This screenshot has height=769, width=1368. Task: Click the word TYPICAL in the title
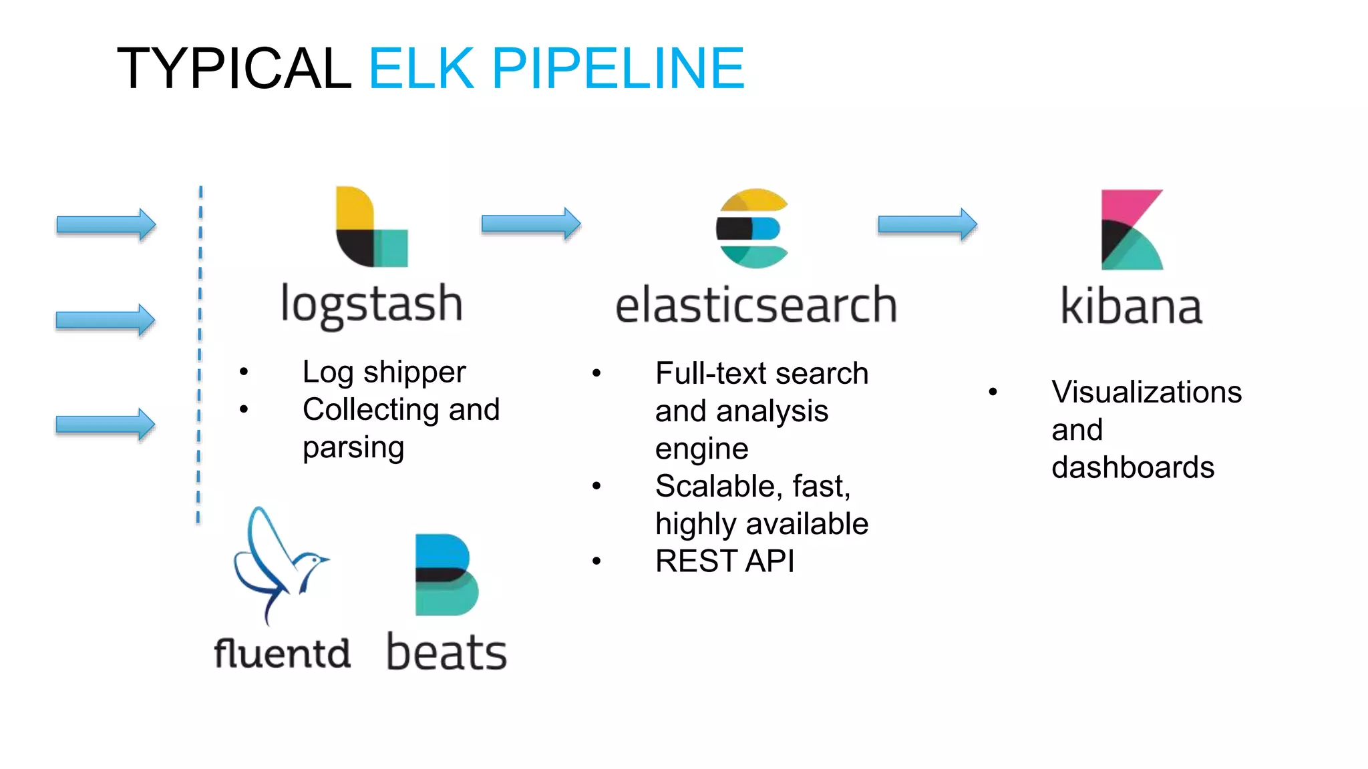pyautogui.click(x=234, y=68)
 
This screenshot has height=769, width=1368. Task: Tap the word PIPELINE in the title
pyautogui.click(x=618, y=68)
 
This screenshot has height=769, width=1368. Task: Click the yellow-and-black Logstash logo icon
pyautogui.click(x=371, y=227)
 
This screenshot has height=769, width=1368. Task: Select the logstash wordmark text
pyautogui.click(x=371, y=304)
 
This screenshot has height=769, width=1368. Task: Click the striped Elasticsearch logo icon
pyautogui.click(x=753, y=228)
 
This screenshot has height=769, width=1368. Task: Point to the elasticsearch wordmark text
pyautogui.click(x=755, y=305)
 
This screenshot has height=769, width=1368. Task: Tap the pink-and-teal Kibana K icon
pyautogui.click(x=1132, y=230)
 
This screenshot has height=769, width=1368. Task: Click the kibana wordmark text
pyautogui.click(x=1132, y=306)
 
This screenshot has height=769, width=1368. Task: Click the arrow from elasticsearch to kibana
pyautogui.click(x=927, y=224)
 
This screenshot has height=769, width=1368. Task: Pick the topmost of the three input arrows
pyautogui.click(x=106, y=224)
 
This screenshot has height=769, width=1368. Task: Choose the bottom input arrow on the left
pyautogui.click(x=106, y=425)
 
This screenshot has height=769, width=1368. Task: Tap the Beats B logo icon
pyautogui.click(x=446, y=575)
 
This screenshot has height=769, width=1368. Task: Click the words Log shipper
pyautogui.click(x=383, y=372)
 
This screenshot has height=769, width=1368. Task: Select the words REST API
pyautogui.click(x=725, y=561)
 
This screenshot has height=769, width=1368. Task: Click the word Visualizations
pyautogui.click(x=1146, y=392)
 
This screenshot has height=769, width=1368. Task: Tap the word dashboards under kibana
pyautogui.click(x=1133, y=467)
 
